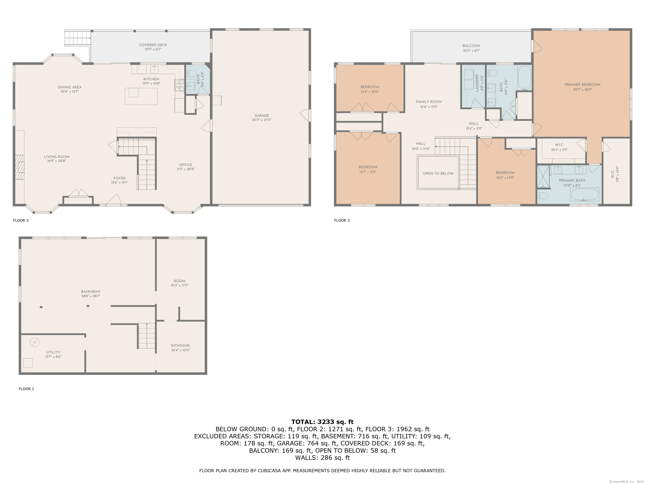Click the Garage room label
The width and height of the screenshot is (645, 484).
[x=262, y=116]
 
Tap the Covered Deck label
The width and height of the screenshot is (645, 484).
[x=153, y=45]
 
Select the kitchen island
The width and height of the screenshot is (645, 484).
[x=141, y=96]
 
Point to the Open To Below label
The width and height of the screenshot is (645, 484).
[x=438, y=173]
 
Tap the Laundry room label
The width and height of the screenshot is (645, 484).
[x=477, y=83]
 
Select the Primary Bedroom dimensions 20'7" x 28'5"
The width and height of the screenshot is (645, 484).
[x=582, y=89]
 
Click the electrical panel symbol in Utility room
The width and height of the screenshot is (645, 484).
[x=34, y=342]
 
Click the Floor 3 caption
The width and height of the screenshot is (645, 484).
[x=342, y=220]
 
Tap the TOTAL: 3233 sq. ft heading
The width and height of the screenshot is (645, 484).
[x=322, y=422]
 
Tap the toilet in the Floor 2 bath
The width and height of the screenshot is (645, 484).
[x=190, y=74]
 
